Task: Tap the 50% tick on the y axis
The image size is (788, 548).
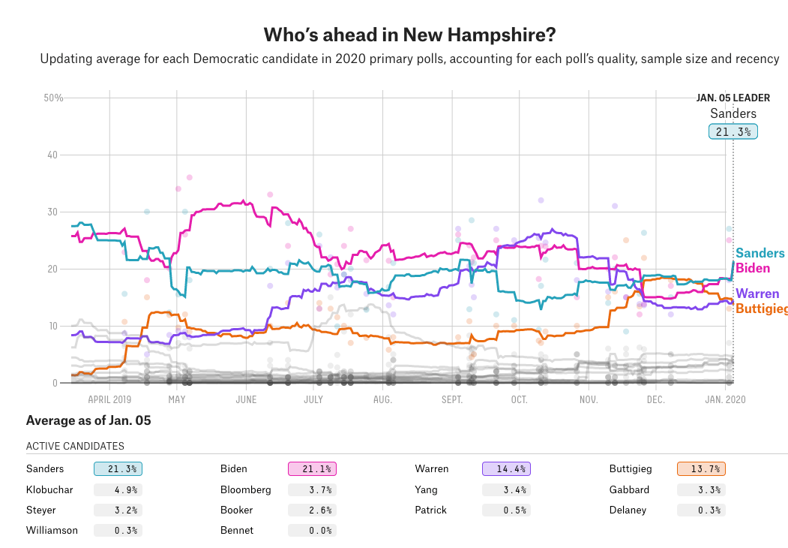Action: (53, 98)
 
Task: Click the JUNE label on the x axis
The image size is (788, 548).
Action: (246, 399)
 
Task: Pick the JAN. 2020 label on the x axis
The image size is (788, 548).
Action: (725, 399)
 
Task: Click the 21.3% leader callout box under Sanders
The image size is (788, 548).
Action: (733, 132)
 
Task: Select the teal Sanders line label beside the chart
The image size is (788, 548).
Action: (760, 254)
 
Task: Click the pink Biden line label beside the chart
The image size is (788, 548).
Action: (753, 268)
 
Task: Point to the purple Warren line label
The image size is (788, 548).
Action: (757, 294)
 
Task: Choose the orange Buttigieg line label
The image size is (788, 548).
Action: (761, 309)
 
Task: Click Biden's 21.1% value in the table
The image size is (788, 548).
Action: (312, 469)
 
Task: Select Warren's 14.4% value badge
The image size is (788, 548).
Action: (506, 469)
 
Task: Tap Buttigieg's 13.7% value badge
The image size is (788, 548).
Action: (701, 469)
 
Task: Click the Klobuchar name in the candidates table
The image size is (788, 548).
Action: (49, 489)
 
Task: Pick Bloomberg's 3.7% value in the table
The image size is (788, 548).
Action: (312, 489)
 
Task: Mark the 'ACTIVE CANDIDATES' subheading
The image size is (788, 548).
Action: (75, 446)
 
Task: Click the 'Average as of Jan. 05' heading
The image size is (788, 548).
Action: (88, 420)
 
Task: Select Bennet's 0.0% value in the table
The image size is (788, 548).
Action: (312, 530)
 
